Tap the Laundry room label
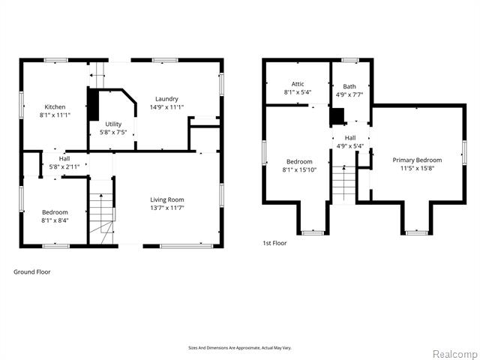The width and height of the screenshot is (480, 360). (166, 99)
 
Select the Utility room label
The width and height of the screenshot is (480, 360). (113, 124)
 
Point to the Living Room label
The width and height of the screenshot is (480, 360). (166, 199)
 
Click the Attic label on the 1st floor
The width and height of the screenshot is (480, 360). (298, 84)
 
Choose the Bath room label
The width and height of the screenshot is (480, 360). (349, 86)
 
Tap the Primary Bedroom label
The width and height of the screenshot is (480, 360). (417, 160)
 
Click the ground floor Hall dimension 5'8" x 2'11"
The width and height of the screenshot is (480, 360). (64, 166)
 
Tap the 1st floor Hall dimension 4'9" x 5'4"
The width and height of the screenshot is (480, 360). (350, 146)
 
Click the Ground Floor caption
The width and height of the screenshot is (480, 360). (32, 271)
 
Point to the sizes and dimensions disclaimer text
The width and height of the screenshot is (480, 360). (239, 347)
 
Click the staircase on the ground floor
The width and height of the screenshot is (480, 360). (103, 215)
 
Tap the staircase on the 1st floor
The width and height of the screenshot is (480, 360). (343, 184)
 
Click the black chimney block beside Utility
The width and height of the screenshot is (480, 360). (93, 105)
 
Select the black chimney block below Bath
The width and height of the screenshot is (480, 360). (338, 116)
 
